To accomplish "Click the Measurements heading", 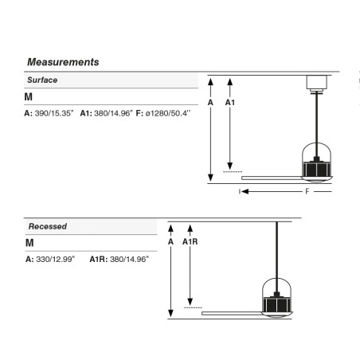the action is (x=63, y=62).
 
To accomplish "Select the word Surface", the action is (x=42, y=80).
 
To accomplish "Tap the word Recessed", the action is (x=48, y=226).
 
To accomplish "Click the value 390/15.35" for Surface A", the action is (x=54, y=113).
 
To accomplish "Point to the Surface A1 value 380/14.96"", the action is (x=113, y=113).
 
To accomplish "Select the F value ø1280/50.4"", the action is (x=168, y=113).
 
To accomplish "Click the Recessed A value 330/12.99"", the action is (x=56, y=259).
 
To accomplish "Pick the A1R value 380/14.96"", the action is (x=129, y=259).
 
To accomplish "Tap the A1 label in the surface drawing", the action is (x=230, y=103).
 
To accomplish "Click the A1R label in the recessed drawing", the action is (x=190, y=241).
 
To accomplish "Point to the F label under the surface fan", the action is (x=307, y=191).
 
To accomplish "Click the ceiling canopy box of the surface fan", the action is (x=317, y=82).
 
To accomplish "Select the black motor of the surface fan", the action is (x=317, y=169).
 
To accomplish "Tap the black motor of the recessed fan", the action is (x=276, y=304).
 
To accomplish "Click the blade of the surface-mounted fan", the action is (x=272, y=178).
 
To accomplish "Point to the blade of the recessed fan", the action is (x=232, y=314).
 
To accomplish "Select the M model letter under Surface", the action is (x=29, y=97).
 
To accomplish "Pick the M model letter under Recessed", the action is (x=29, y=243).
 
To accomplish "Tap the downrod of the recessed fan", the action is (x=276, y=257).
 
